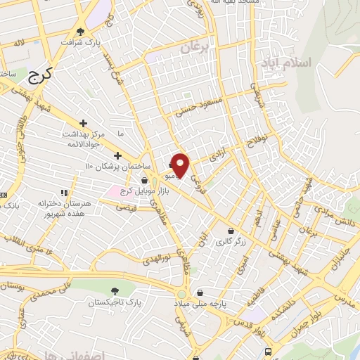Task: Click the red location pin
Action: coord(181,165)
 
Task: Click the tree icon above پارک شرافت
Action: coord(81,31)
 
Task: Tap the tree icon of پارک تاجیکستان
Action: coord(115,290)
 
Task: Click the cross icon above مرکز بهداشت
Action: coord(84,123)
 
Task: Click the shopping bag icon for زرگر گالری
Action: coord(231,231)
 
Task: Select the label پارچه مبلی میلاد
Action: coord(200,303)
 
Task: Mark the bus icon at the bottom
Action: coord(267,352)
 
